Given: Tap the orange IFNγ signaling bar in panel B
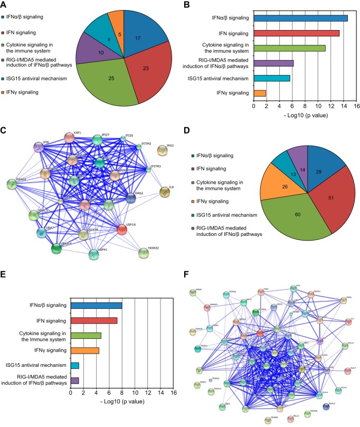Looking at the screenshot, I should (x=260, y=93).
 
